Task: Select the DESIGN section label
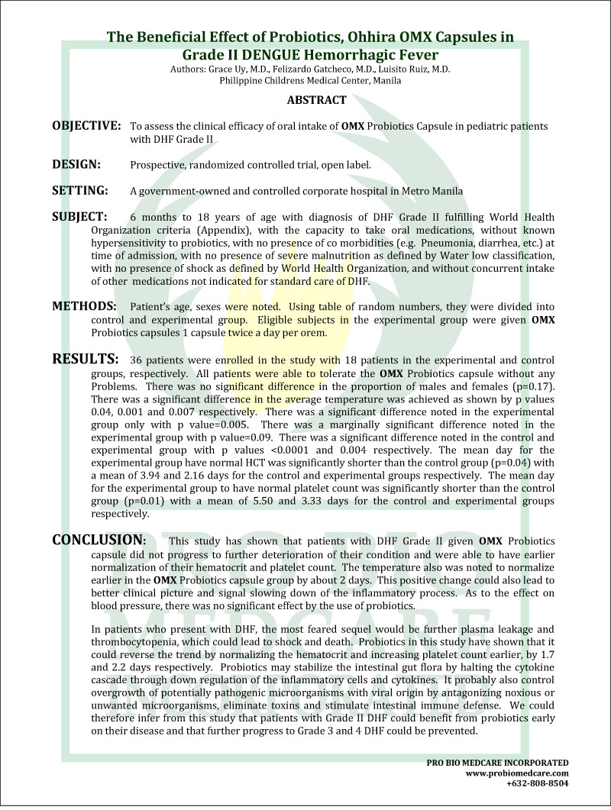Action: click(77, 163)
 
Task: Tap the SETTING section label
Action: click(79, 189)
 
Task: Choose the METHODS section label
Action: click(84, 306)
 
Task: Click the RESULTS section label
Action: click(85, 358)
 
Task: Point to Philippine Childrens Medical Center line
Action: click(305, 80)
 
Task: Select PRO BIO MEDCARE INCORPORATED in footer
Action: click(497, 762)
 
